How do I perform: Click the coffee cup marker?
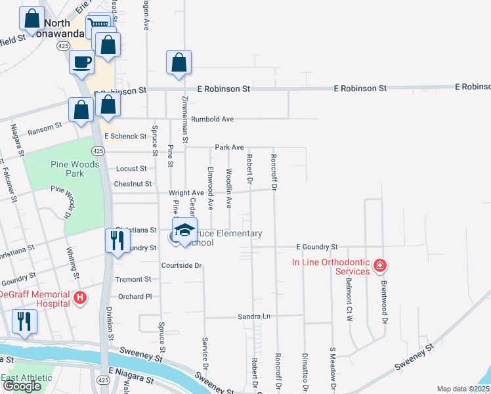tap(82, 62)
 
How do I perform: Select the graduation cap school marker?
tap(184, 231)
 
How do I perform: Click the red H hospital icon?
tap(80, 298)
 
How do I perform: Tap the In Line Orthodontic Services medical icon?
tap(379, 266)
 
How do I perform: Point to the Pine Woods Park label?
tap(75, 169)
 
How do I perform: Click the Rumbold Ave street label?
tap(213, 120)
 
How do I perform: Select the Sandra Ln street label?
tap(254, 317)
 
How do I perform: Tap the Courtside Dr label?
tap(182, 266)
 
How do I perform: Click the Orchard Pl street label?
tap(135, 297)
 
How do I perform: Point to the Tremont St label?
tap(133, 280)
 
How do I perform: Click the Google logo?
tap(22, 386)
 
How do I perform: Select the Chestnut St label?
tap(133, 185)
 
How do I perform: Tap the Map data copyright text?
tap(463, 389)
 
